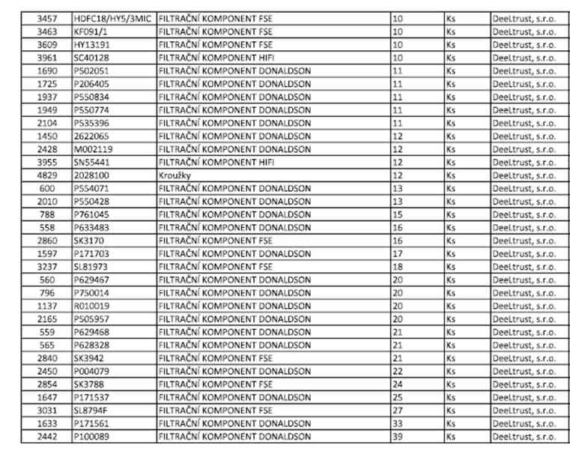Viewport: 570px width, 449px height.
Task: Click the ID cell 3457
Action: (x=47, y=17)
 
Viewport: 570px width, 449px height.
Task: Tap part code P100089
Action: (x=92, y=436)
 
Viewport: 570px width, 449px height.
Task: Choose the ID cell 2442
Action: (x=47, y=436)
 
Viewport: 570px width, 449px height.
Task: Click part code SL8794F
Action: (x=91, y=410)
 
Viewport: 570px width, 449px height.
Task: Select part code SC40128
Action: (x=91, y=57)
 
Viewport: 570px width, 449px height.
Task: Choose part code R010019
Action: (x=92, y=305)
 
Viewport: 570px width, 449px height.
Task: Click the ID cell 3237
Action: (x=47, y=266)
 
